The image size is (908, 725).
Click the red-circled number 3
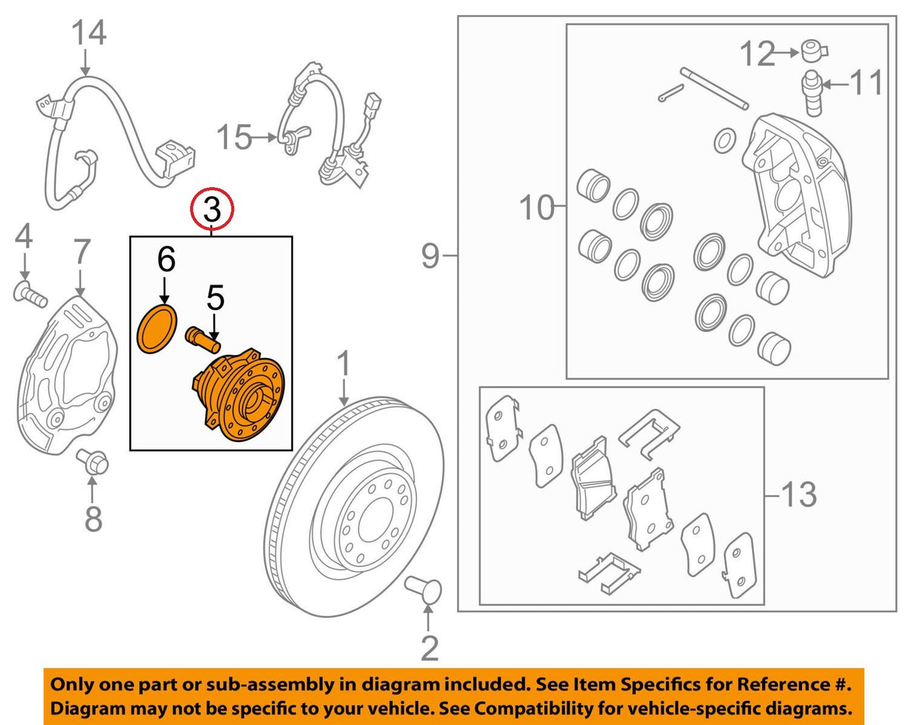click(x=212, y=210)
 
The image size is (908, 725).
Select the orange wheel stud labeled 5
click(x=203, y=340)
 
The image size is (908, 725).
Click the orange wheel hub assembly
click(x=239, y=394)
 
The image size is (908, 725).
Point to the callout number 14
click(x=89, y=33)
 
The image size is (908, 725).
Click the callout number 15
click(x=234, y=137)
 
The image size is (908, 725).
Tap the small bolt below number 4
click(x=30, y=294)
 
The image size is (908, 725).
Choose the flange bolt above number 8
click(x=92, y=462)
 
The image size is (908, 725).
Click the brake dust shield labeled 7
click(x=67, y=375)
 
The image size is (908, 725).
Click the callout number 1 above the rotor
click(x=344, y=363)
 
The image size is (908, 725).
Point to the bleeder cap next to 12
click(x=814, y=51)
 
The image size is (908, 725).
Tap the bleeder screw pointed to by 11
click(x=813, y=94)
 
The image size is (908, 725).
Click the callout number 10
click(x=536, y=207)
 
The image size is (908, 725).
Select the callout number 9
click(x=430, y=256)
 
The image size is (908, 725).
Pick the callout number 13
click(x=799, y=494)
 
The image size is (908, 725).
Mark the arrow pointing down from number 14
click(x=86, y=63)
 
